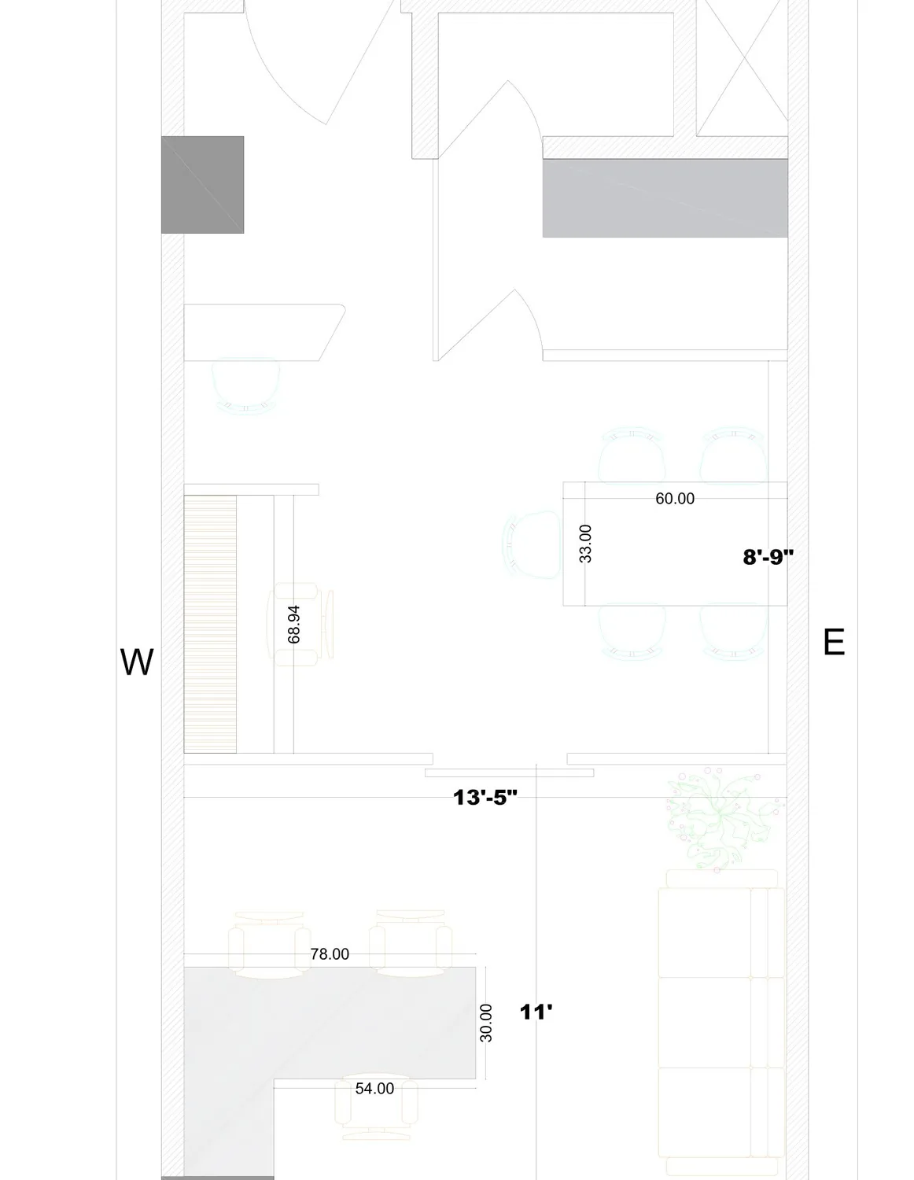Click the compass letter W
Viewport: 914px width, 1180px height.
coord(136,662)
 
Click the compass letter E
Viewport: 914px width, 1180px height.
coord(834,643)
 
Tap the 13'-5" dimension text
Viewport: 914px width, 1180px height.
coord(485,798)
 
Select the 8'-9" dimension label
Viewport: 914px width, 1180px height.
coord(768,557)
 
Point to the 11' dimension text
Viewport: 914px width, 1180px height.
coord(536,1012)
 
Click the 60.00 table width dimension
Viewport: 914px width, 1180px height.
coord(675,499)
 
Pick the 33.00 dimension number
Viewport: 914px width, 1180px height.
coord(585,544)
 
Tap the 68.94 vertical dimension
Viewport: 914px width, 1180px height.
coord(293,625)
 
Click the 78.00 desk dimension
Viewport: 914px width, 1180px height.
coord(330,954)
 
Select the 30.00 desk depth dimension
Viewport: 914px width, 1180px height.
coord(486,1023)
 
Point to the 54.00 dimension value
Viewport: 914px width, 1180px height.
coord(374,1088)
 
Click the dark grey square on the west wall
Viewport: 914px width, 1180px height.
coord(202,185)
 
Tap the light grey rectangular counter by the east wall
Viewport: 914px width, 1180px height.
coord(665,198)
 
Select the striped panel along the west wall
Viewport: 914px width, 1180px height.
coord(210,624)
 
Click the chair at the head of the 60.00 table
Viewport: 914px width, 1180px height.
coord(532,544)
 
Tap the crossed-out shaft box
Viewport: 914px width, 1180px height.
coord(742,68)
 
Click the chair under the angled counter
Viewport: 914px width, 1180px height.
coord(246,386)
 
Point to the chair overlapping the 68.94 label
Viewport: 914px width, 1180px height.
coord(300,625)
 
